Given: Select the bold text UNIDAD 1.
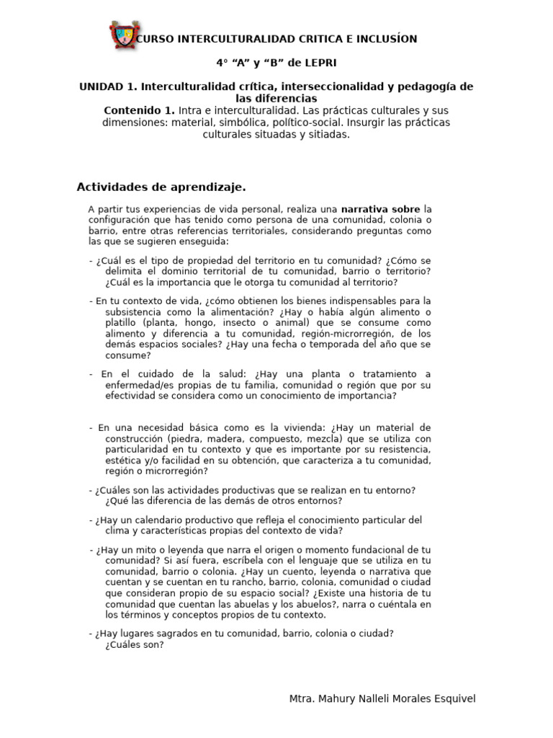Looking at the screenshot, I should click(x=108, y=86).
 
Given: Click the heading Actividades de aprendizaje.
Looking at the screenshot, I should click(x=161, y=187).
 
